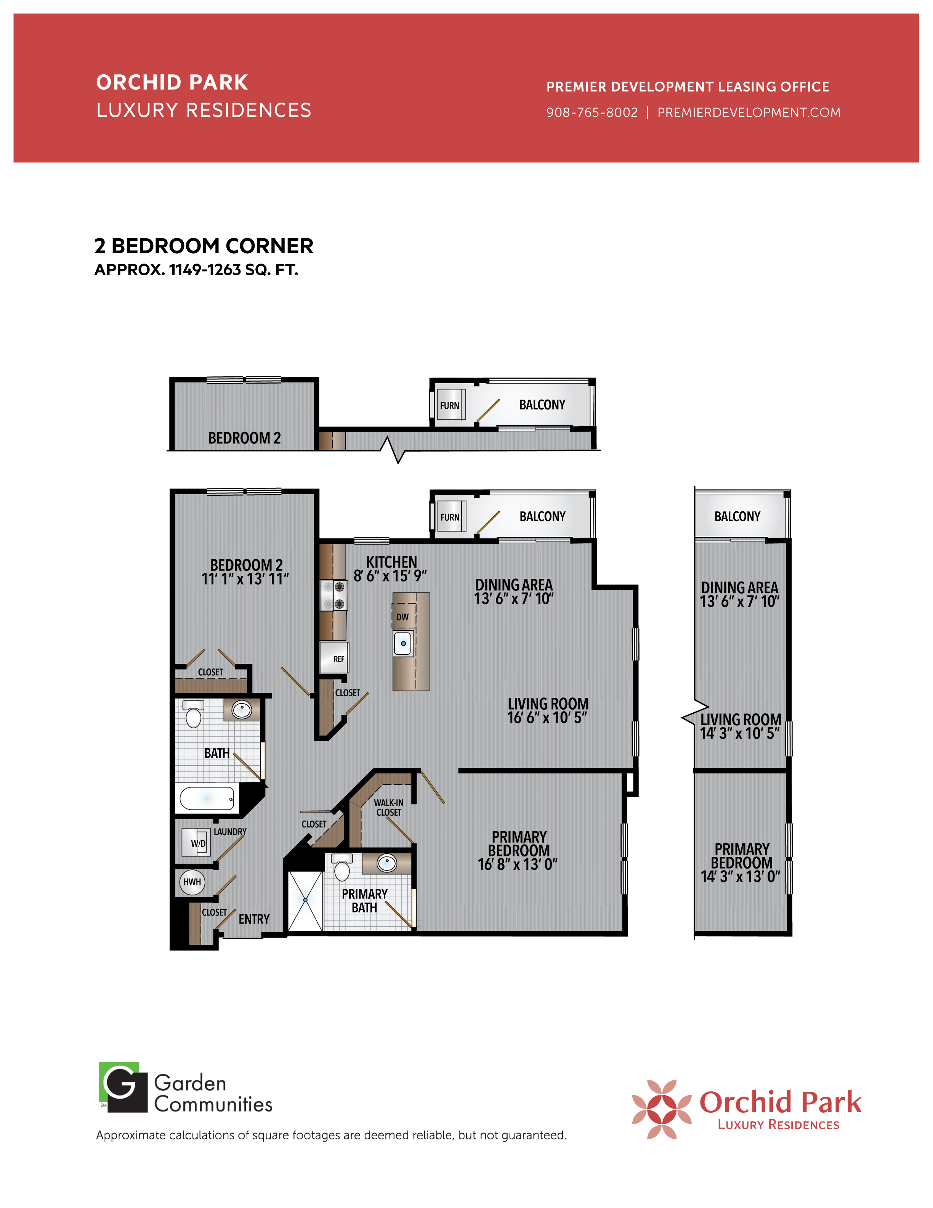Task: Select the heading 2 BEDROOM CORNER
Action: (204, 246)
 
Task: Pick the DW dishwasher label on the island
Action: (402, 617)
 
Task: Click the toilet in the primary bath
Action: (342, 867)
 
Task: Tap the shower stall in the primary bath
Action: (305, 900)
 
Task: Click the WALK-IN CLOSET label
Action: (389, 808)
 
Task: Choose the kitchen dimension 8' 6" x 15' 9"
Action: (390, 576)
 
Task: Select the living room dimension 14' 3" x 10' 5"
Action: (740, 733)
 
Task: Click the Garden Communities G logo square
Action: (123, 1087)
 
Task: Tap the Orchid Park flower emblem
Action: (662, 1109)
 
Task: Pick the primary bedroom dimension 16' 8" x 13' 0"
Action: (518, 864)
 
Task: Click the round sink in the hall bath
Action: (242, 710)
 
